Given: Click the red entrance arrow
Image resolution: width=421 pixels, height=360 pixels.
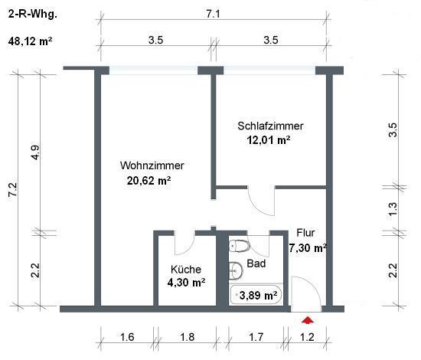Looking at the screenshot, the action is [x=308, y=320].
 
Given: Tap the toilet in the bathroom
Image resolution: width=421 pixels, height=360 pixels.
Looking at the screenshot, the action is [x=240, y=246].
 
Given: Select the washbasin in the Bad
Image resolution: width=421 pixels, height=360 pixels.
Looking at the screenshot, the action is [x=236, y=270].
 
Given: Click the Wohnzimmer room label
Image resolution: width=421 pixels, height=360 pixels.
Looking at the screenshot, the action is [x=152, y=165].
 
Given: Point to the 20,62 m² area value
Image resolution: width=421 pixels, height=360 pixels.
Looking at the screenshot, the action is [x=148, y=181].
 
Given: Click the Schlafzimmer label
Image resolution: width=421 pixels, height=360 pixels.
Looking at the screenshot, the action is [x=270, y=126].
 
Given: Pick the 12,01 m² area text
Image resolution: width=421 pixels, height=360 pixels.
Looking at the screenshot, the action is [x=269, y=140].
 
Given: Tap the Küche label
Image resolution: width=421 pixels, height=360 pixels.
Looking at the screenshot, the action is [x=186, y=269].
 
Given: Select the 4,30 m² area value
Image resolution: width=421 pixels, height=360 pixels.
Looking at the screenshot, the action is [x=186, y=283].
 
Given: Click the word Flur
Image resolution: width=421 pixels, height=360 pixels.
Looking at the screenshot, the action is [x=305, y=233].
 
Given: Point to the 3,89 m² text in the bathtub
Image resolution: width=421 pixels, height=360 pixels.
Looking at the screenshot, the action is [x=258, y=296].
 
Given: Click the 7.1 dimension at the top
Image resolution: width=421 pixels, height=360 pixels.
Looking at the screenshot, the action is [x=214, y=14].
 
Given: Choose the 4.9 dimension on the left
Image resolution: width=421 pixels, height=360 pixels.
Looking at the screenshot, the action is [x=35, y=152].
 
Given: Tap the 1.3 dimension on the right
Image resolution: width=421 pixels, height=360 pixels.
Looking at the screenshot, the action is [x=392, y=209].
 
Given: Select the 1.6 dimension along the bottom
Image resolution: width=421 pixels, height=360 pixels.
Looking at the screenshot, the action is [x=127, y=337].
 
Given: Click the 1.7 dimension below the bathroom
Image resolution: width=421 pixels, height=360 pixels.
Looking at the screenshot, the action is [x=256, y=337].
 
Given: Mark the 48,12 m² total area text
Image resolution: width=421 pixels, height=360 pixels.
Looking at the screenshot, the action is [x=30, y=41].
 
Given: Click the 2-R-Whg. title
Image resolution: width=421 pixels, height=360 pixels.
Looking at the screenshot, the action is [x=32, y=14].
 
